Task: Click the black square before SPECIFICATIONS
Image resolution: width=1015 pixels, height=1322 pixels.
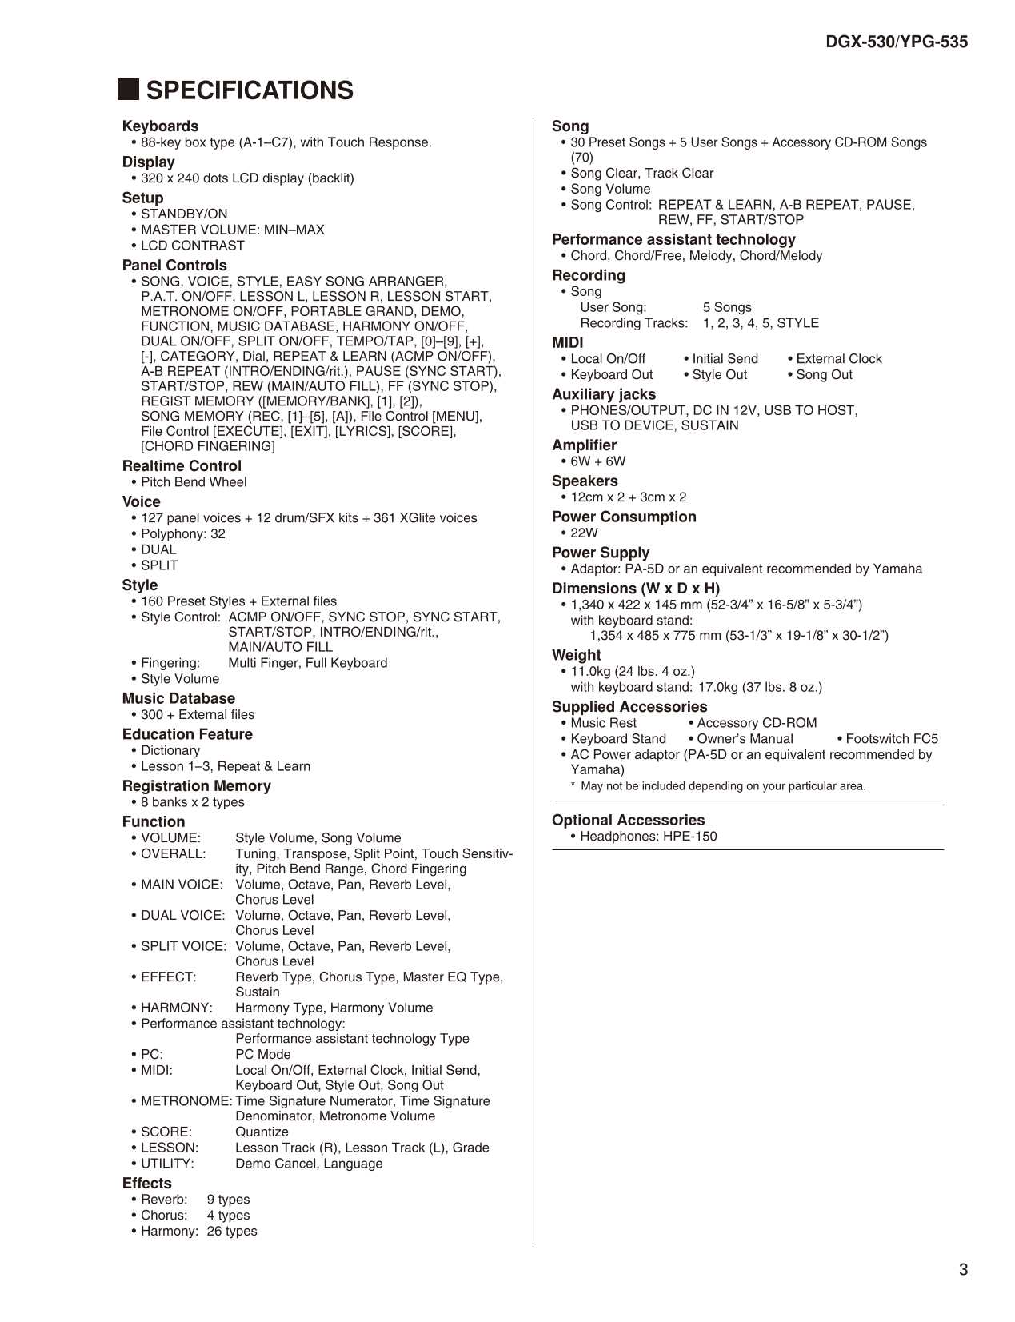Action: coord(128,90)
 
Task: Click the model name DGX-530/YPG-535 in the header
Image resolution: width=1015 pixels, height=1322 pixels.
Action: coord(897,42)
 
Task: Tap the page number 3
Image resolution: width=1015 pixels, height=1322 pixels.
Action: coord(963,1269)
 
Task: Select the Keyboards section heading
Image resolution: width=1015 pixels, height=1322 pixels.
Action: coord(160,126)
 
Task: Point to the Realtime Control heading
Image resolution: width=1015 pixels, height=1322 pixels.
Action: coord(182,466)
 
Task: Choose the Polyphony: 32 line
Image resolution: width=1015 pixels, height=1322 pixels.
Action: coord(182,534)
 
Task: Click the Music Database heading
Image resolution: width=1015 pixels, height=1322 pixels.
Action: coord(178,699)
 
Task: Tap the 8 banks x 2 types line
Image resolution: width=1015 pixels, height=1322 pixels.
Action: coord(192,802)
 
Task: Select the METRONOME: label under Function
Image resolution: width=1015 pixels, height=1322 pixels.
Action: coord(186,1101)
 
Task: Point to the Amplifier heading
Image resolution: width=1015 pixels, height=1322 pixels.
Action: coord(584,445)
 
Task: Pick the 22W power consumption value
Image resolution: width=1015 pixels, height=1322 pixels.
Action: coord(584,533)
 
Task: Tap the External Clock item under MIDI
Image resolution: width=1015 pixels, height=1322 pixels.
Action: coord(838,359)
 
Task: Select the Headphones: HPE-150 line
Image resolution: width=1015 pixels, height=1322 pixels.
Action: coord(648,837)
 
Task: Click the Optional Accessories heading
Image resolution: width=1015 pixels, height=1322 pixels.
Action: coord(628,821)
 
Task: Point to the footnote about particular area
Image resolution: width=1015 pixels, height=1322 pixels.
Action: coord(723,786)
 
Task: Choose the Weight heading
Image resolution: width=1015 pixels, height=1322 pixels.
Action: coord(576,656)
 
